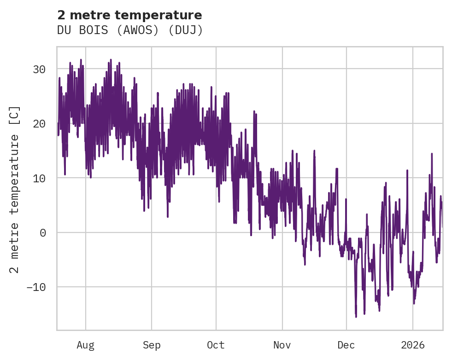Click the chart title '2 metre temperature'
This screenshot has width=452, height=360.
[129, 15]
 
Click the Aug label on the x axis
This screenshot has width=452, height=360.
[85, 345]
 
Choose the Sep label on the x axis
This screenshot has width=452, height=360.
[152, 345]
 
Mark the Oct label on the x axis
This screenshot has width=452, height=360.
[216, 345]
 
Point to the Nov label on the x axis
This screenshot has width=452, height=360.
[282, 345]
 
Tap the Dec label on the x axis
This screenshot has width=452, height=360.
[346, 345]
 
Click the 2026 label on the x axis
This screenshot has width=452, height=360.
[413, 345]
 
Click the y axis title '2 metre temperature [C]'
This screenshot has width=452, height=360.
[15, 189]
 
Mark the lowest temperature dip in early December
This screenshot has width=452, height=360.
[356, 316]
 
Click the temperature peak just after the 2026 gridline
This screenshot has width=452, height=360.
[432, 154]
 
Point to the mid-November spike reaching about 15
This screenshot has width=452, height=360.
[314, 151]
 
